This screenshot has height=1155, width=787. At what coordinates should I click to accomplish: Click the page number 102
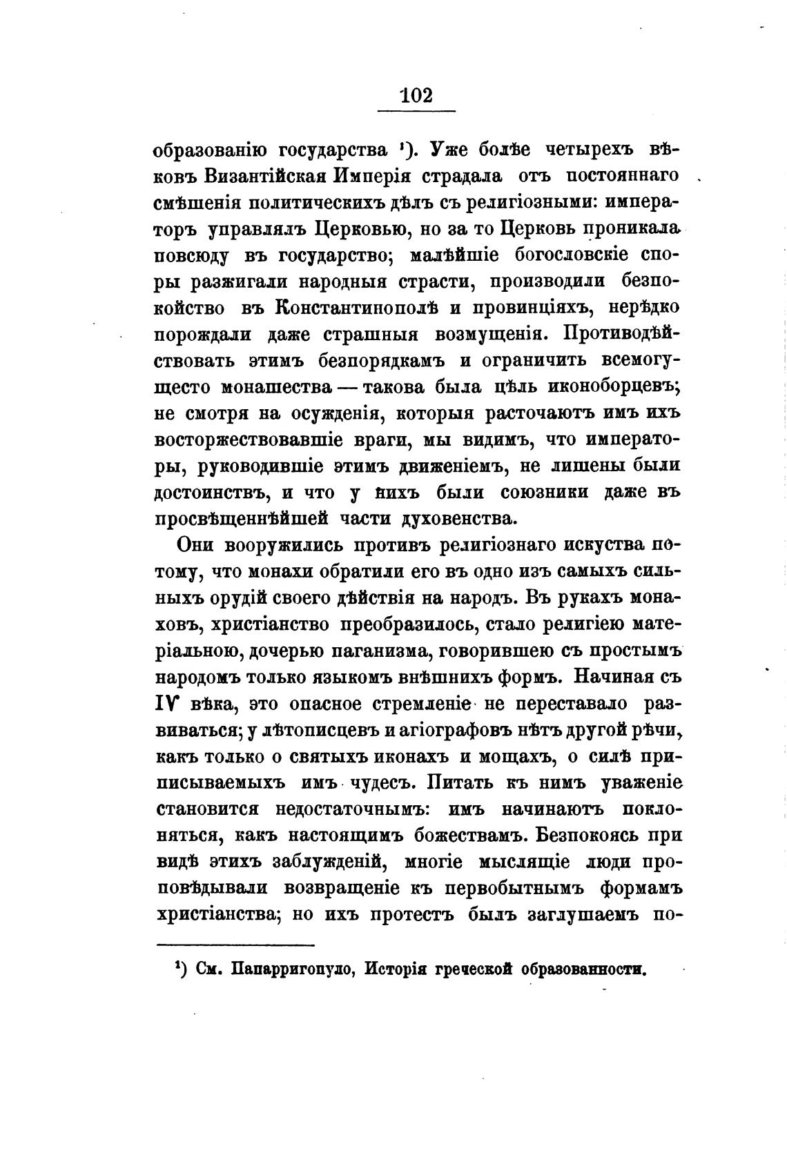[416, 95]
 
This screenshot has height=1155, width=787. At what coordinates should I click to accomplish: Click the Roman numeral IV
[170, 704]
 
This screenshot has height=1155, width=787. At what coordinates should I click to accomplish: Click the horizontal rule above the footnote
[235, 945]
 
